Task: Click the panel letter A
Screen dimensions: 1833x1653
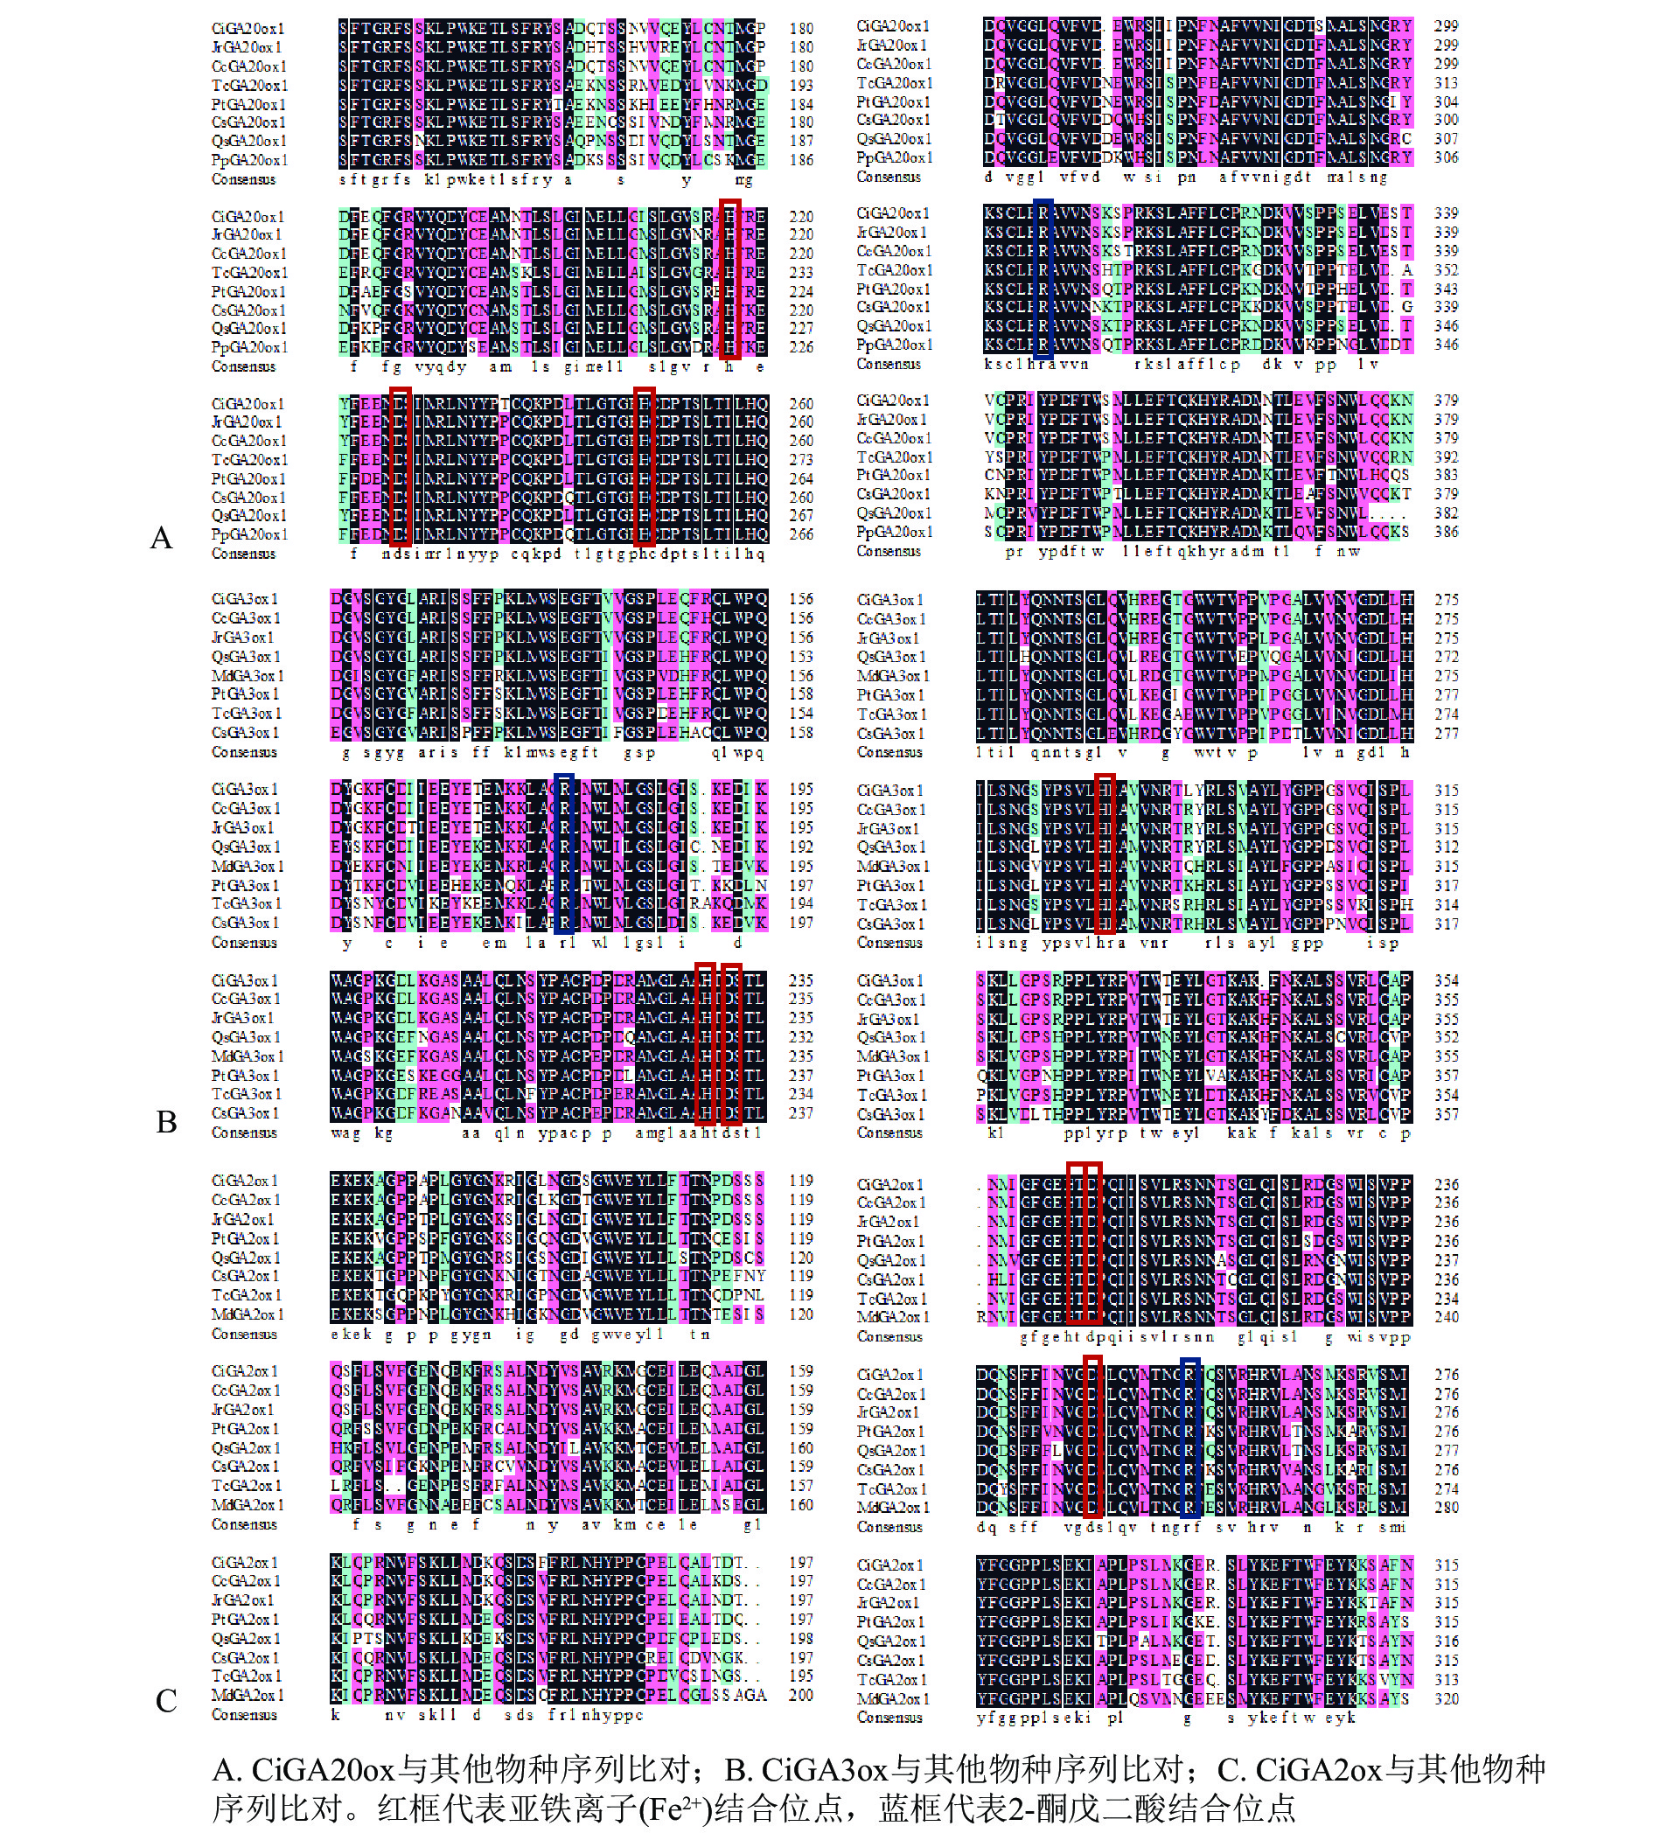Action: tap(161, 538)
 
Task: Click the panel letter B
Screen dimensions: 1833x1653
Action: tap(166, 1122)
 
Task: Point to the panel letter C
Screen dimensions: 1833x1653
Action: tap(165, 1700)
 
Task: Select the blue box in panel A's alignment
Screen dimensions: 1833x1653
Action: tap(1043, 279)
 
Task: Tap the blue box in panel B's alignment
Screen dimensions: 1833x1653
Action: tap(564, 854)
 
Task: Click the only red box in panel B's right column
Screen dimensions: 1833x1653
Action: tap(1105, 854)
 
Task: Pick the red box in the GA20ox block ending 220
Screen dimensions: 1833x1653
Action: tap(729, 279)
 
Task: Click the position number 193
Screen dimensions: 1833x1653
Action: tap(801, 86)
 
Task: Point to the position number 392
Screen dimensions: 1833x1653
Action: tap(1446, 457)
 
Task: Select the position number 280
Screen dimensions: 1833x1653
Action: tap(1446, 1508)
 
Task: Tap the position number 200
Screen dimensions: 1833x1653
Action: tap(801, 1695)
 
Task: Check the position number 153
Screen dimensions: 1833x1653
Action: tap(801, 656)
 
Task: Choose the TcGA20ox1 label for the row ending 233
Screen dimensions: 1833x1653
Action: tap(249, 273)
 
